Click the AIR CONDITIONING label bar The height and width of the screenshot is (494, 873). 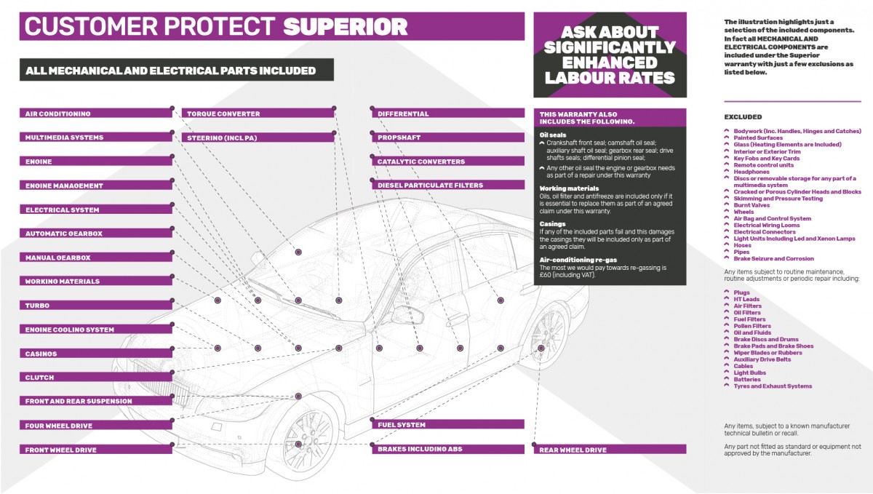95,114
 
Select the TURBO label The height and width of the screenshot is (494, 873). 95,306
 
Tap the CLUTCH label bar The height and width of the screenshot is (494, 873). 95,378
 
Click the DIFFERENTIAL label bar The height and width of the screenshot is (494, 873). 447,114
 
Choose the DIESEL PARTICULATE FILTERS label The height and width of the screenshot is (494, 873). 447,186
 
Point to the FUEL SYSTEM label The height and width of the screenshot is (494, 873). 447,425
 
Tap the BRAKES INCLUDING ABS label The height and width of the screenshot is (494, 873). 447,450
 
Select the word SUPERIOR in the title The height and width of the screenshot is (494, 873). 345,27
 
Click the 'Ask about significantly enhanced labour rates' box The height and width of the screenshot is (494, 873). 610,55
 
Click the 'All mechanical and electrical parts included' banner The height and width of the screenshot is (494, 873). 175,71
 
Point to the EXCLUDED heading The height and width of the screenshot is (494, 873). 743,116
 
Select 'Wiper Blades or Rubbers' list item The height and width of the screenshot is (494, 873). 768,353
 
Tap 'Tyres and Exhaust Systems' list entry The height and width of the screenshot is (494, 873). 772,386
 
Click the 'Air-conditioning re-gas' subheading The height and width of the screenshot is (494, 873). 578,259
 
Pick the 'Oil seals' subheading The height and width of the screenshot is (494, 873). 552,135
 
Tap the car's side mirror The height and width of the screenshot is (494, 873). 404,314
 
